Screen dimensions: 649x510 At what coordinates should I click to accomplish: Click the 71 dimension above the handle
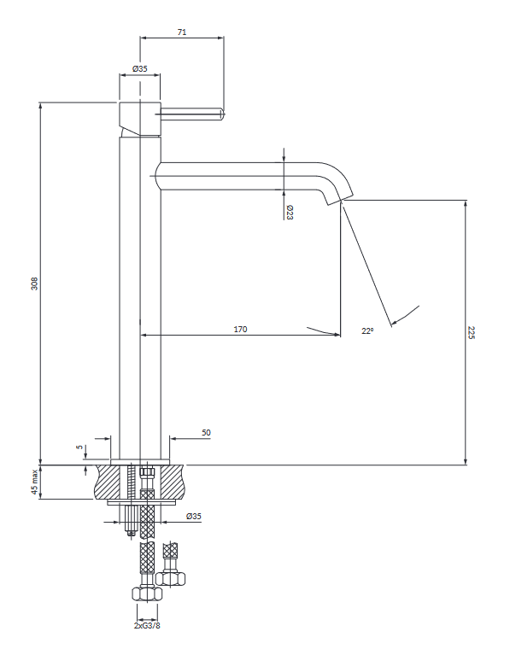click(182, 32)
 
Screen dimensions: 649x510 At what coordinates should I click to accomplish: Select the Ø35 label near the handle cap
click(140, 68)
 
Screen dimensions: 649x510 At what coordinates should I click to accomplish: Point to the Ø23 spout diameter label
click(290, 213)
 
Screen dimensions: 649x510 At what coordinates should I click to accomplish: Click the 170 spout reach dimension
click(240, 329)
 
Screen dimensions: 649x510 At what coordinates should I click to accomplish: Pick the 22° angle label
click(366, 330)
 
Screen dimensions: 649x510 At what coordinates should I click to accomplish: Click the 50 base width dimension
click(206, 433)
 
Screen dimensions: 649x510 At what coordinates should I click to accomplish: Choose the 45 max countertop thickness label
click(35, 482)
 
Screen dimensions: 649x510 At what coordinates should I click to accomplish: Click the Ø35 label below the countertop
click(194, 516)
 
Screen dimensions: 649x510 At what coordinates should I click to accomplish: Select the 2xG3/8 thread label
click(149, 625)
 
